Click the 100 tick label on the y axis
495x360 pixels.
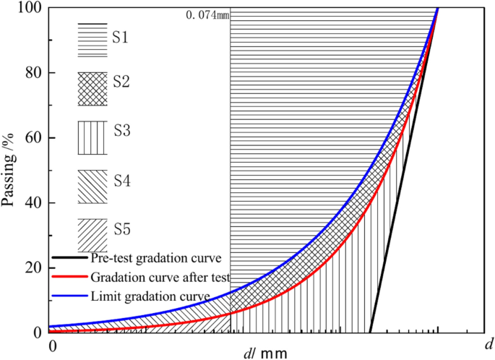click(x=28, y=8)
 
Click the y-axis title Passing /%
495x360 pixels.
click(x=9, y=170)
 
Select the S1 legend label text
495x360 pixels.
click(x=120, y=35)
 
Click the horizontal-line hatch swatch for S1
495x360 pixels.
click(x=92, y=37)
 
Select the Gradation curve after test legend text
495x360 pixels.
click(x=160, y=277)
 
